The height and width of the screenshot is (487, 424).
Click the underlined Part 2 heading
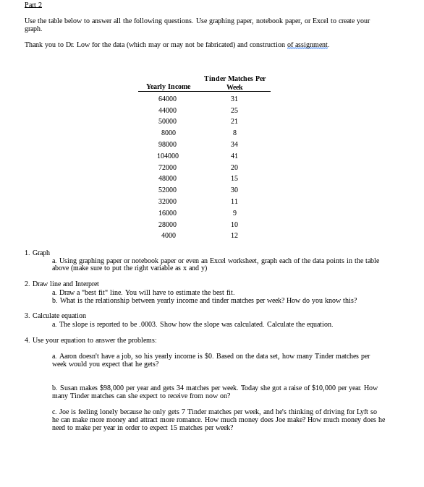point(33,5)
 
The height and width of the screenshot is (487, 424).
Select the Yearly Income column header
point(168,87)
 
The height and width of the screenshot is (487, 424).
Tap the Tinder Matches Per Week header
point(234,82)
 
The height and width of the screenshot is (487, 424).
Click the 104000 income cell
point(168,155)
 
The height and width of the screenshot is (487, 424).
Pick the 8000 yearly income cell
point(168,133)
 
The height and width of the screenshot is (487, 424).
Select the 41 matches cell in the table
point(234,155)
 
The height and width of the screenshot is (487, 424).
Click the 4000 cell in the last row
point(168,236)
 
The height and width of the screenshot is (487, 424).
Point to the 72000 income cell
point(168,167)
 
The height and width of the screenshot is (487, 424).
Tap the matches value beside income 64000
point(234,98)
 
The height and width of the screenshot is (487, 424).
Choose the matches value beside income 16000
point(234,212)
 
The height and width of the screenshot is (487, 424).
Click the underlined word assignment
point(308,45)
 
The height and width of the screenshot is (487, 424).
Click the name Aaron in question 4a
point(68,356)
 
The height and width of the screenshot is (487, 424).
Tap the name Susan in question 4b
point(69,388)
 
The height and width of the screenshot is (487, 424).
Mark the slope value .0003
point(139,324)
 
